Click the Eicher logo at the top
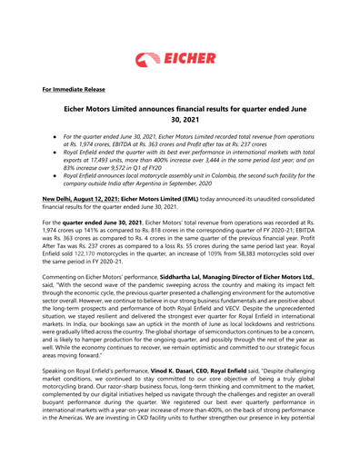[x=180, y=40]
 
